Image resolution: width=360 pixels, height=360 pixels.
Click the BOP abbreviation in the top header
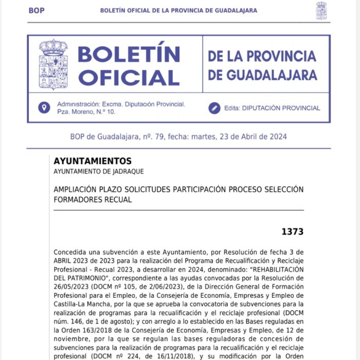pyautogui.click(x=37, y=10)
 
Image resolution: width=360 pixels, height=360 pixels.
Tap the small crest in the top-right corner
pyautogui.click(x=321, y=11)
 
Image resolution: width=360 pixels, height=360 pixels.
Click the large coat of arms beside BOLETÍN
pyautogui.click(x=53, y=64)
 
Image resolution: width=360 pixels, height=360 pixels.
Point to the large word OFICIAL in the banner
pyautogui.click(x=129, y=77)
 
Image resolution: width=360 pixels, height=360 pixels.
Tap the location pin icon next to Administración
pyautogui.click(x=45, y=107)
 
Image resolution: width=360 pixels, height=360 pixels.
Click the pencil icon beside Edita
pyautogui.click(x=214, y=108)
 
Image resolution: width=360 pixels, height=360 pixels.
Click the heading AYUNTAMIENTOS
pyautogui.click(x=93, y=161)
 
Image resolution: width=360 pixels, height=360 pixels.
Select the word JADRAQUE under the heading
pyautogui.click(x=126, y=171)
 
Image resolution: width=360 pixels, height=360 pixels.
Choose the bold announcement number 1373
pyautogui.click(x=292, y=231)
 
